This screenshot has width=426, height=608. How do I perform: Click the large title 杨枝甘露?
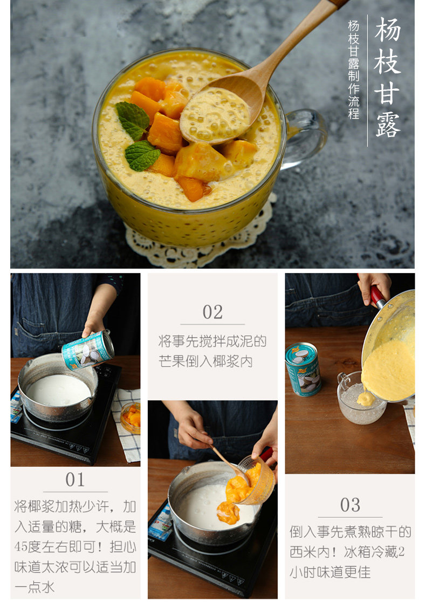coord(387,77)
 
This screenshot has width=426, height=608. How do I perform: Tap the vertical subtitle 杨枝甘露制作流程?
coord(354,70)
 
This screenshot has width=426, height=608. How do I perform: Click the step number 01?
coord(75,480)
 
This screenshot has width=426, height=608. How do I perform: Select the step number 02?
coord(212,312)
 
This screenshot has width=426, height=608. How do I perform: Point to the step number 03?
coord(350,505)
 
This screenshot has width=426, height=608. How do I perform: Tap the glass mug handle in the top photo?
coord(306,138)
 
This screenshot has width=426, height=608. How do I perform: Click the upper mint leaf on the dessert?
coord(133,119)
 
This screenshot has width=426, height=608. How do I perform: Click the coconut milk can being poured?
coord(88,350)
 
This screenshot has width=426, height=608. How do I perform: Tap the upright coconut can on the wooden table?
coord(303,369)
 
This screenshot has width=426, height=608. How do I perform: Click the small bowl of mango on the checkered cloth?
coord(130,418)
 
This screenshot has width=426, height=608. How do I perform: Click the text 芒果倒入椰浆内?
coord(205,361)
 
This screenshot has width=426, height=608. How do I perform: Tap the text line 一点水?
coord(35,587)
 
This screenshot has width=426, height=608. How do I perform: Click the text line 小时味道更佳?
coord(330,572)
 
